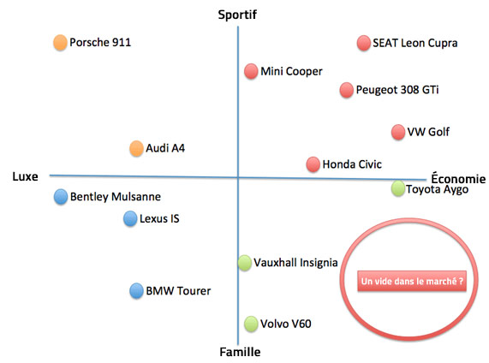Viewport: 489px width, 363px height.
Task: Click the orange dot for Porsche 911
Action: pos(60,43)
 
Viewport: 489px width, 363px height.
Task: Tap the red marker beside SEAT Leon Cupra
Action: pos(364,43)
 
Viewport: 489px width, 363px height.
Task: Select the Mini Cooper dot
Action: pos(251,71)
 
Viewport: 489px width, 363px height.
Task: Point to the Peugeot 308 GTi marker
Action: pos(347,90)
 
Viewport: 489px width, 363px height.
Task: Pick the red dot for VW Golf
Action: pos(398,132)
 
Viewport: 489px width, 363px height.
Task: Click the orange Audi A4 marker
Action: pos(136,148)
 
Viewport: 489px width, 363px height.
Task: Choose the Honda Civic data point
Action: pos(313,164)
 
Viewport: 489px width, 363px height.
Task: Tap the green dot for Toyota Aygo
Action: pos(398,188)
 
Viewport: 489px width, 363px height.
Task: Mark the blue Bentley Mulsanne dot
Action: pos(61,197)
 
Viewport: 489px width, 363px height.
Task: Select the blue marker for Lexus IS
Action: pos(130,218)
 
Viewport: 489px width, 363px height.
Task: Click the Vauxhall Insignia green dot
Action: pos(245,263)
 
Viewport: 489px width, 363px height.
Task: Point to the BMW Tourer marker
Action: pos(136,290)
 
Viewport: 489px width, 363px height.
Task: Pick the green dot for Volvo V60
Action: pos(251,324)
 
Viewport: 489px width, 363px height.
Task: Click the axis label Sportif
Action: pos(237,15)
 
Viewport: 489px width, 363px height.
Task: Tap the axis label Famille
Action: pos(240,352)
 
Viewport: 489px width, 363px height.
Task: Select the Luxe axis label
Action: pos(25,176)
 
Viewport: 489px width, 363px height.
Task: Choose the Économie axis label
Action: pos(458,178)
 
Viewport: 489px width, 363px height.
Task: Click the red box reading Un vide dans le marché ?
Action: pos(412,281)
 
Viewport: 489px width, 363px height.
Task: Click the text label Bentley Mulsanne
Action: pos(116,196)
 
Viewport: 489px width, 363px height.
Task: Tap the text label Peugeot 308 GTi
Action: pos(397,90)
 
